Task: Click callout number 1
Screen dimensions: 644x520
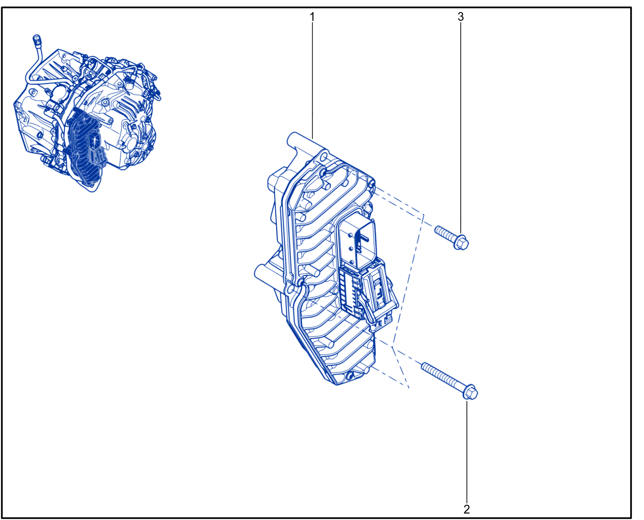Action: click(312, 17)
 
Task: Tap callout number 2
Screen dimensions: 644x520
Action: click(466, 509)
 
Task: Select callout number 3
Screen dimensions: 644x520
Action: click(460, 17)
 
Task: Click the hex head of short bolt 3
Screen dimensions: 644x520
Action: click(461, 242)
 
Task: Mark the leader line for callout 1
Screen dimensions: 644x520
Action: click(312, 80)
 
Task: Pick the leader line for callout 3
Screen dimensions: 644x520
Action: click(461, 129)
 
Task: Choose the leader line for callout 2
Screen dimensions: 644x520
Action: click(467, 452)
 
